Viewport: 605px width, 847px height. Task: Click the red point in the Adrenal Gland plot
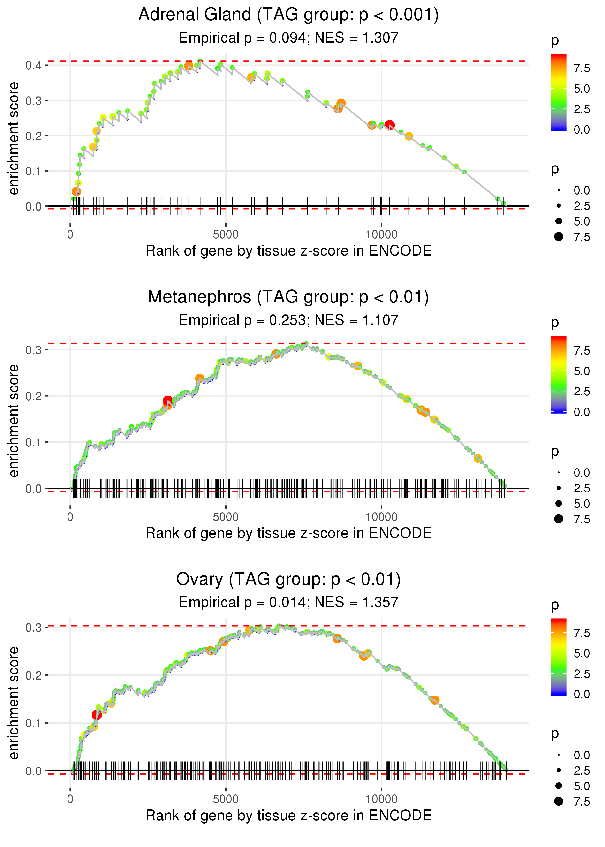coord(389,125)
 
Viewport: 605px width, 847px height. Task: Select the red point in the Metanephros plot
coord(168,401)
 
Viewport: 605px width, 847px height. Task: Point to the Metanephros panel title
coord(288,297)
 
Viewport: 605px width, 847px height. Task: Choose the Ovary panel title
coord(288,580)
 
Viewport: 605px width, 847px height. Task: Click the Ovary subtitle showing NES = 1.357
coord(288,602)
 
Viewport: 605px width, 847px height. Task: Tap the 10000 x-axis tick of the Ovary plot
coord(381,799)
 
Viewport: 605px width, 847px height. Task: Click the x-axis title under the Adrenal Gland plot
coord(288,251)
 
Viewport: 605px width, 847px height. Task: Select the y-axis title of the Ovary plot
coord(14,703)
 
